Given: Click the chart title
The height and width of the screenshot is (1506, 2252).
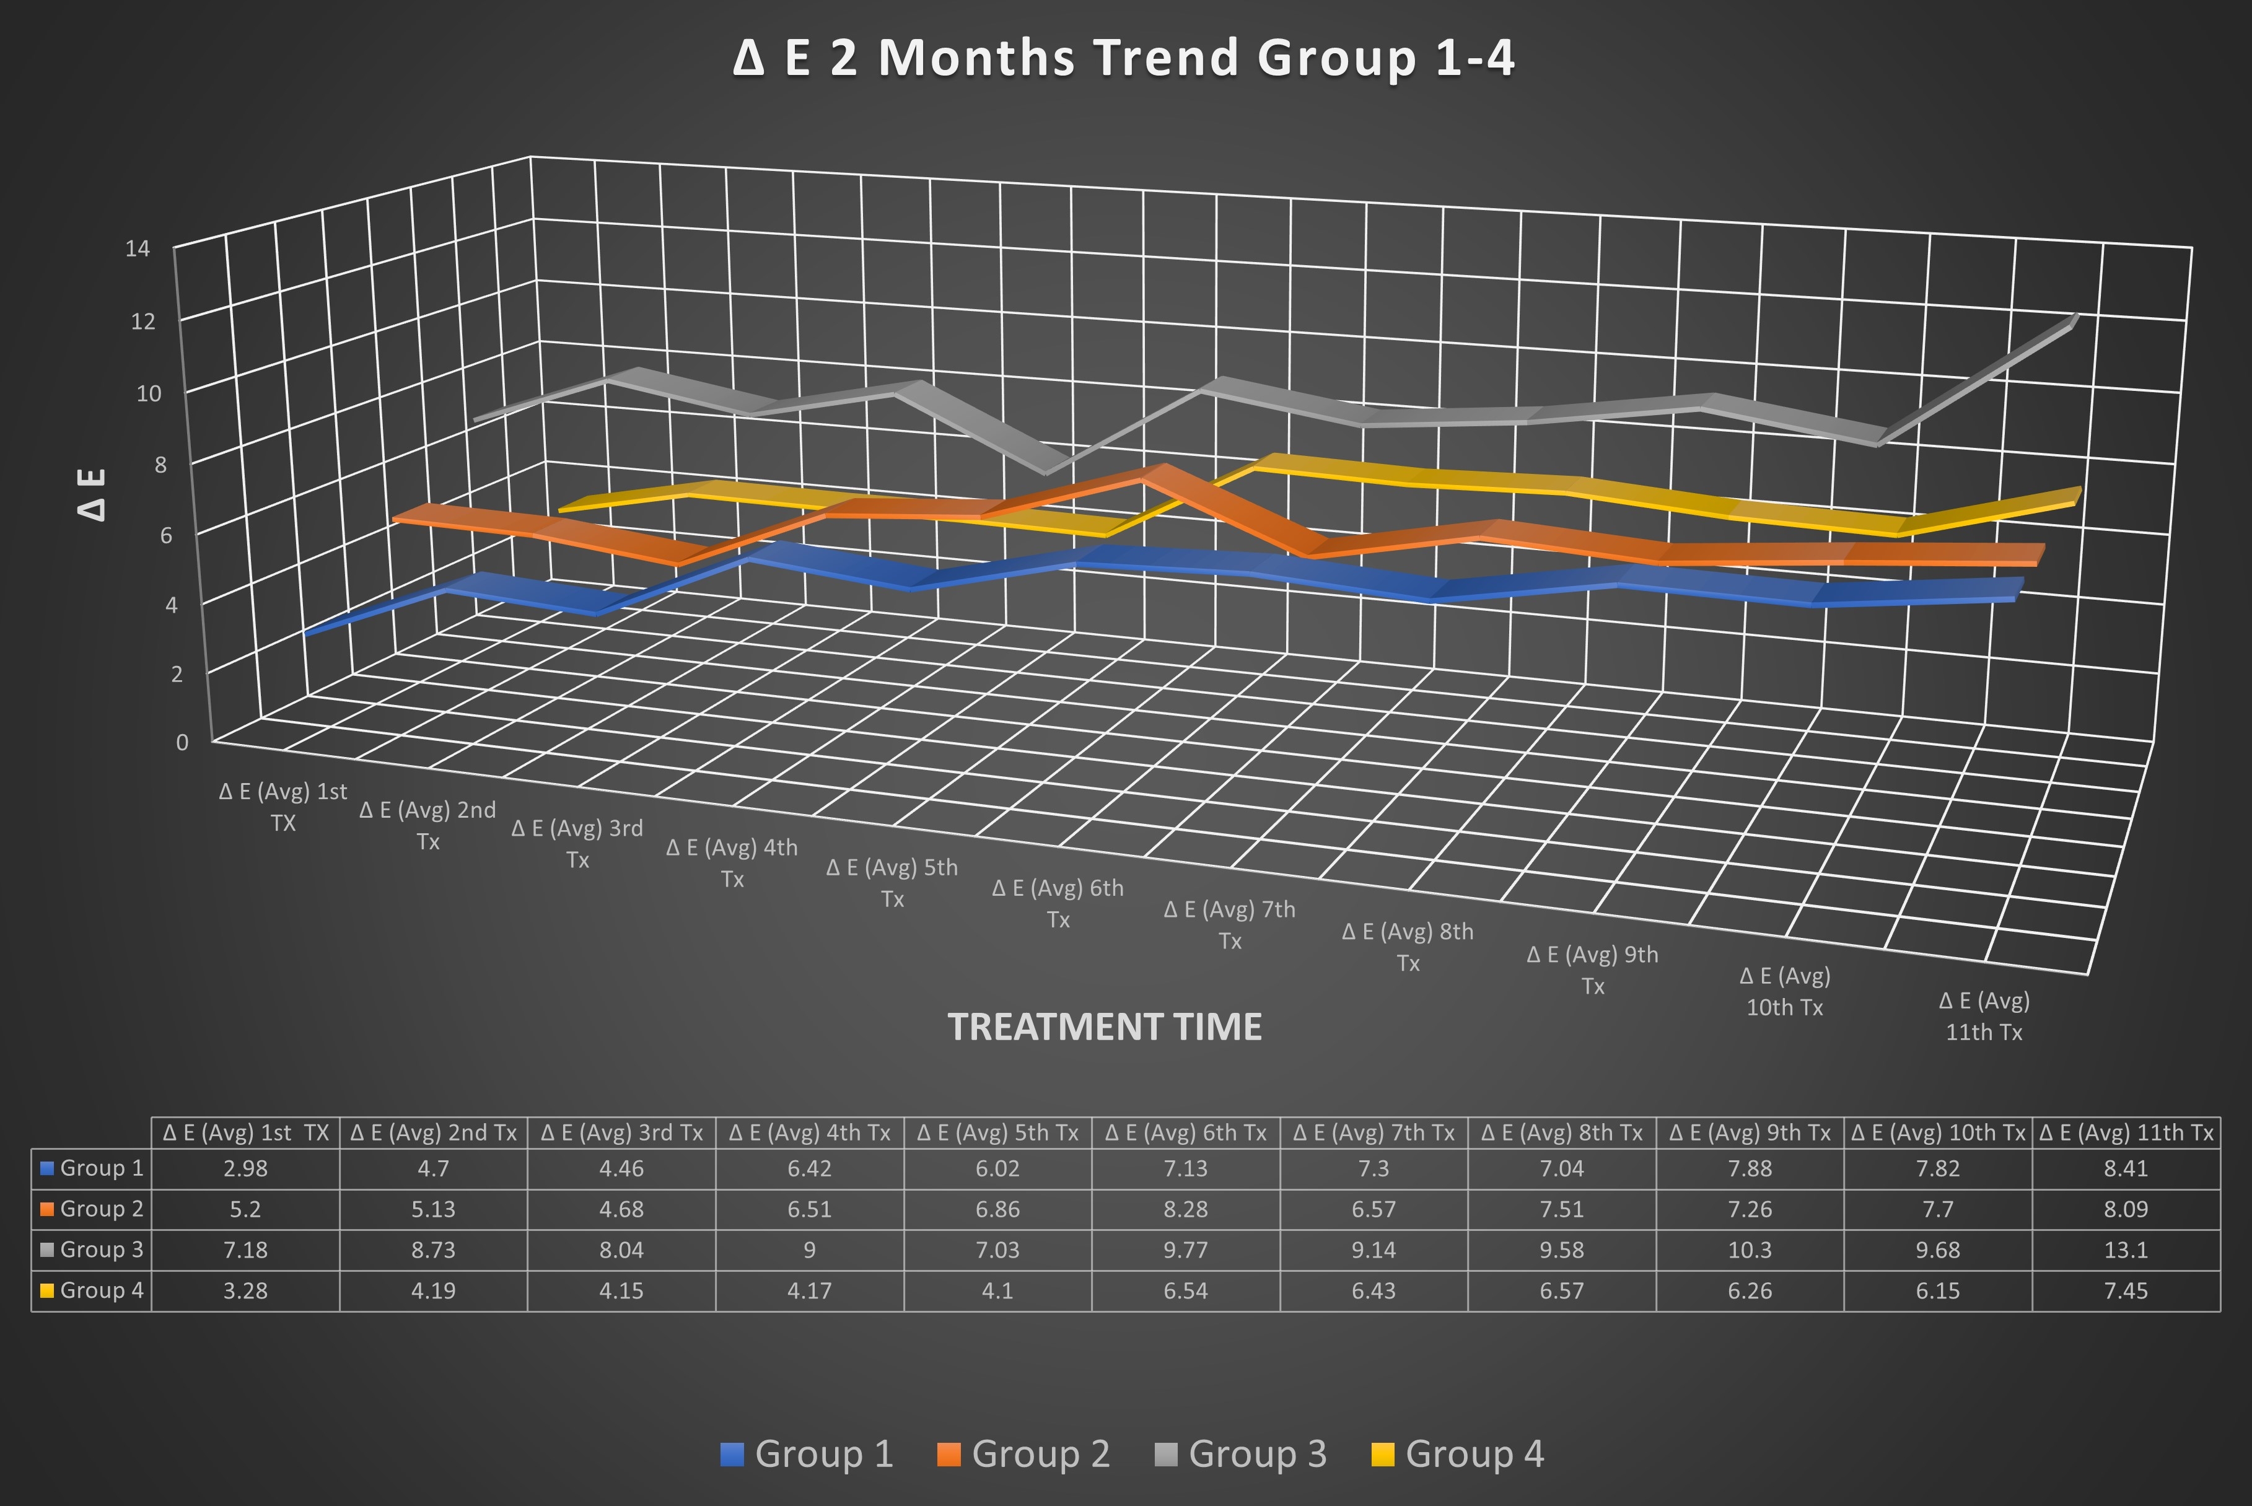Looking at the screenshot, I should tap(1124, 58).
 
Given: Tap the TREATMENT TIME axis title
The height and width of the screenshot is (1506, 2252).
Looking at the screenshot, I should tap(1105, 1027).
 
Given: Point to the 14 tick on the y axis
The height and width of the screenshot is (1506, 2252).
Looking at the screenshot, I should tap(138, 249).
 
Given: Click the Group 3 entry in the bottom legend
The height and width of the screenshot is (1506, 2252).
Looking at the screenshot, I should tap(1241, 1453).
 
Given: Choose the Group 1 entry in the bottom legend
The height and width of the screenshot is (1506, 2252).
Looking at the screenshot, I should tap(808, 1453).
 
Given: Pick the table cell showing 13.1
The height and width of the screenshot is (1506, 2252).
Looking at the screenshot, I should tap(2125, 1250).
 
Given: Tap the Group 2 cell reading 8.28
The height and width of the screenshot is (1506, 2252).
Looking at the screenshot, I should tap(1185, 1209).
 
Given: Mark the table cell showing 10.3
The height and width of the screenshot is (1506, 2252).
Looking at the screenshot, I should tap(1749, 1250).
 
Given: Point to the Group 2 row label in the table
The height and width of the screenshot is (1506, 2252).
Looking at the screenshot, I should tap(92, 1209).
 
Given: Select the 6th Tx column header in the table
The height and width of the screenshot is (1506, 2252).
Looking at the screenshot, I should tap(1185, 1133).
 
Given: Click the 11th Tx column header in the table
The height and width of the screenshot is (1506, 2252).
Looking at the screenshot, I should tap(2125, 1133).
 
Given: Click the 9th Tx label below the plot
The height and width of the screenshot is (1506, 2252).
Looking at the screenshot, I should tap(1592, 970).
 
